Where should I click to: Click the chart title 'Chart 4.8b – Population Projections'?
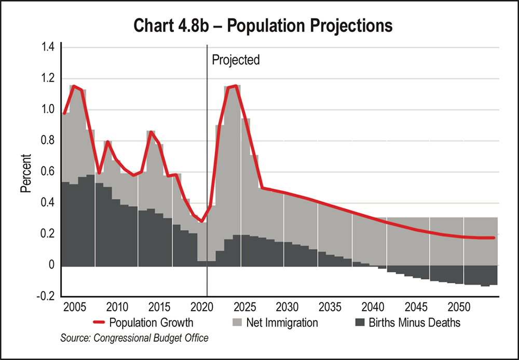pos(259,25)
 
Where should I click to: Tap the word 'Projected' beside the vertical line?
pos(236,60)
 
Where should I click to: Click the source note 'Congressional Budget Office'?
pos(134,338)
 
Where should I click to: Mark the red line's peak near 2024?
pos(236,86)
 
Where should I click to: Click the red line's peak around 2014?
pos(151,132)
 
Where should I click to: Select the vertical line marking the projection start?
pos(207,156)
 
